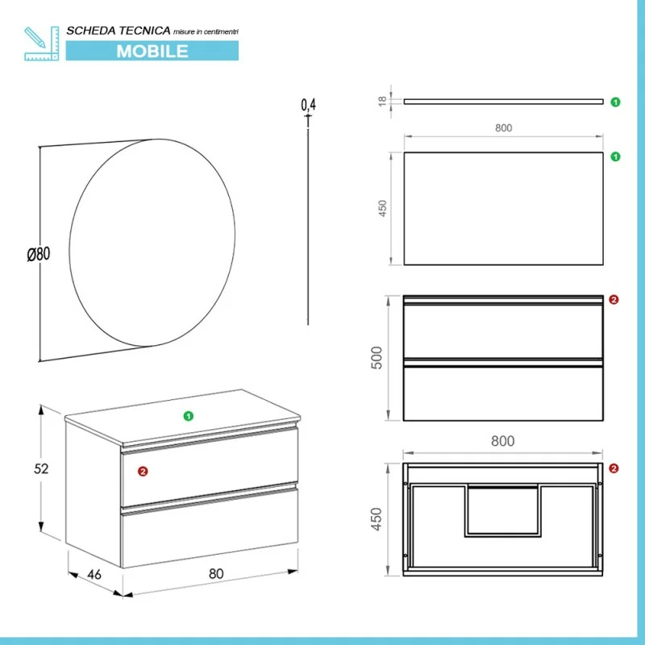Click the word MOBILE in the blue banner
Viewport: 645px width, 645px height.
(x=152, y=51)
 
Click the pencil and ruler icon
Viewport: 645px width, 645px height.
(x=42, y=44)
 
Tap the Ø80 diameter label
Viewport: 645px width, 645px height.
(x=38, y=254)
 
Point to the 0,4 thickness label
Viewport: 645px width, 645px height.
(x=309, y=105)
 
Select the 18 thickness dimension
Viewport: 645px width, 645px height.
(x=382, y=102)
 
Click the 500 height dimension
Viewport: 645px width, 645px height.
(x=377, y=358)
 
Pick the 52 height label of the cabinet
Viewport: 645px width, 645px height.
(x=41, y=468)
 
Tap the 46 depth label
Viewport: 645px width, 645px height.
(x=94, y=574)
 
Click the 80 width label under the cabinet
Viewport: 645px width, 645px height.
(x=216, y=573)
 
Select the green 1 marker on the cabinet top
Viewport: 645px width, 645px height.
(x=189, y=416)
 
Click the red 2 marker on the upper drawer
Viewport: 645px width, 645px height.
(x=143, y=472)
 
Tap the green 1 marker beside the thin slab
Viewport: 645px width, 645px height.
(x=615, y=102)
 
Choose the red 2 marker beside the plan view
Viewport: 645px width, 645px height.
(x=614, y=468)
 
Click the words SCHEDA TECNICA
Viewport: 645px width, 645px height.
(x=119, y=31)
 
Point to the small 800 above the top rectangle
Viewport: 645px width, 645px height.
(x=503, y=128)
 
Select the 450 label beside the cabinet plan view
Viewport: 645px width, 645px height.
(x=377, y=519)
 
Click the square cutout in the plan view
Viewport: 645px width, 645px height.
(x=503, y=511)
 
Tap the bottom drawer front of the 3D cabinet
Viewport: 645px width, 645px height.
(x=210, y=528)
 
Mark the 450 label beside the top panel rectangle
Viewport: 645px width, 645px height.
(x=382, y=209)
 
